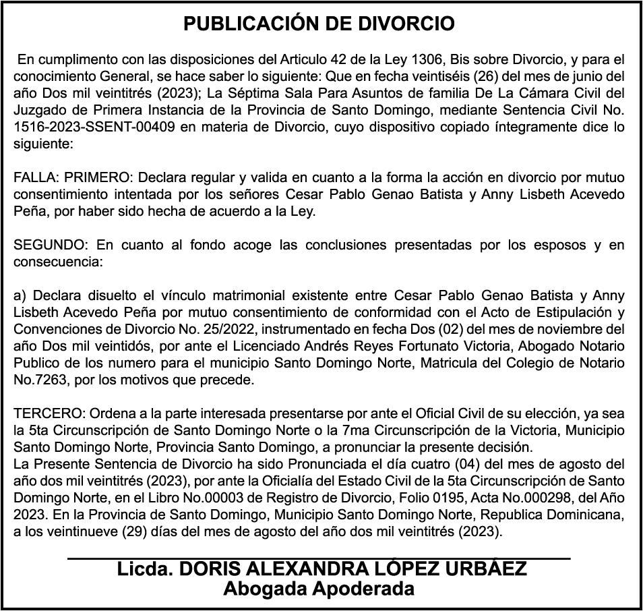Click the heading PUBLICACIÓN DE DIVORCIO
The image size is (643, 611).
[319, 24]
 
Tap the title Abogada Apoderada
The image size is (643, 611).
[319, 589]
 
